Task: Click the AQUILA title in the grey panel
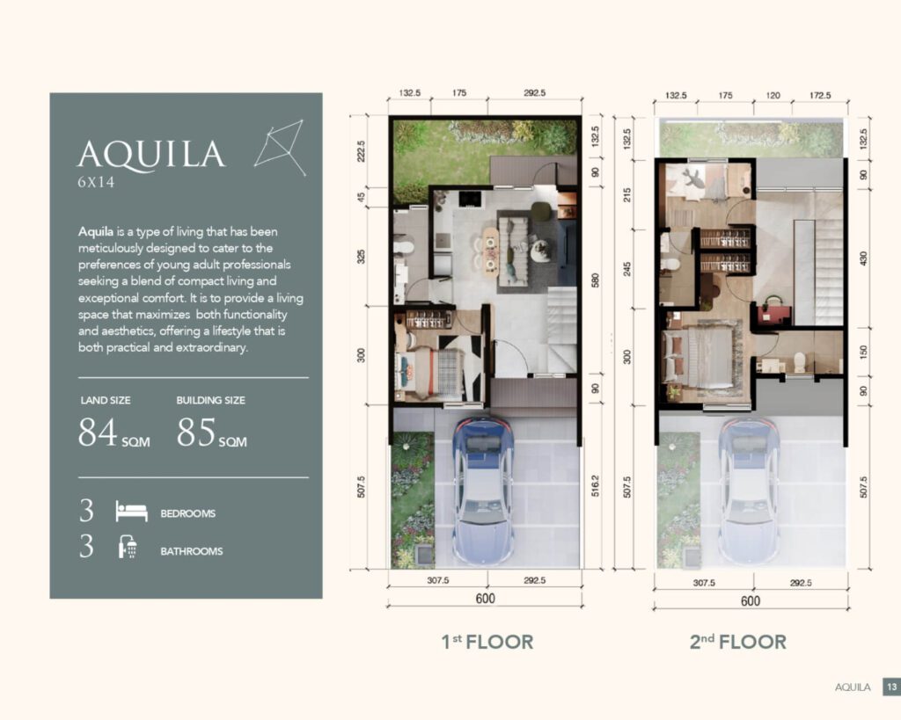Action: (151, 155)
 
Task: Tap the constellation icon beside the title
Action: (280, 149)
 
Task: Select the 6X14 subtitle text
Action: (96, 183)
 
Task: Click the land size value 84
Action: (98, 432)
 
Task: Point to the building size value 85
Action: (196, 432)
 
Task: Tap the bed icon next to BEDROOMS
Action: (132, 511)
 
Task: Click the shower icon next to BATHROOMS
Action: (128, 547)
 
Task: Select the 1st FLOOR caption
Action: (487, 642)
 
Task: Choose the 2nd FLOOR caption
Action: (738, 642)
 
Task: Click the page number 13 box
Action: (892, 687)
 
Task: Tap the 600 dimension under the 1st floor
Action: (485, 599)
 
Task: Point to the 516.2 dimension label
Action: (595, 486)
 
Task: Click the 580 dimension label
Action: (596, 280)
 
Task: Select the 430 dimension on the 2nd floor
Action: (863, 258)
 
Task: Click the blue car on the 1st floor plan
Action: (483, 491)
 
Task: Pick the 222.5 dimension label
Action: (361, 151)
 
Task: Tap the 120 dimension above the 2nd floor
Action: (773, 95)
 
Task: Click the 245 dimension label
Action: (627, 269)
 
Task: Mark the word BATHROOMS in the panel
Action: (191, 551)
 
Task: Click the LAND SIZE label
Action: (106, 400)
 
